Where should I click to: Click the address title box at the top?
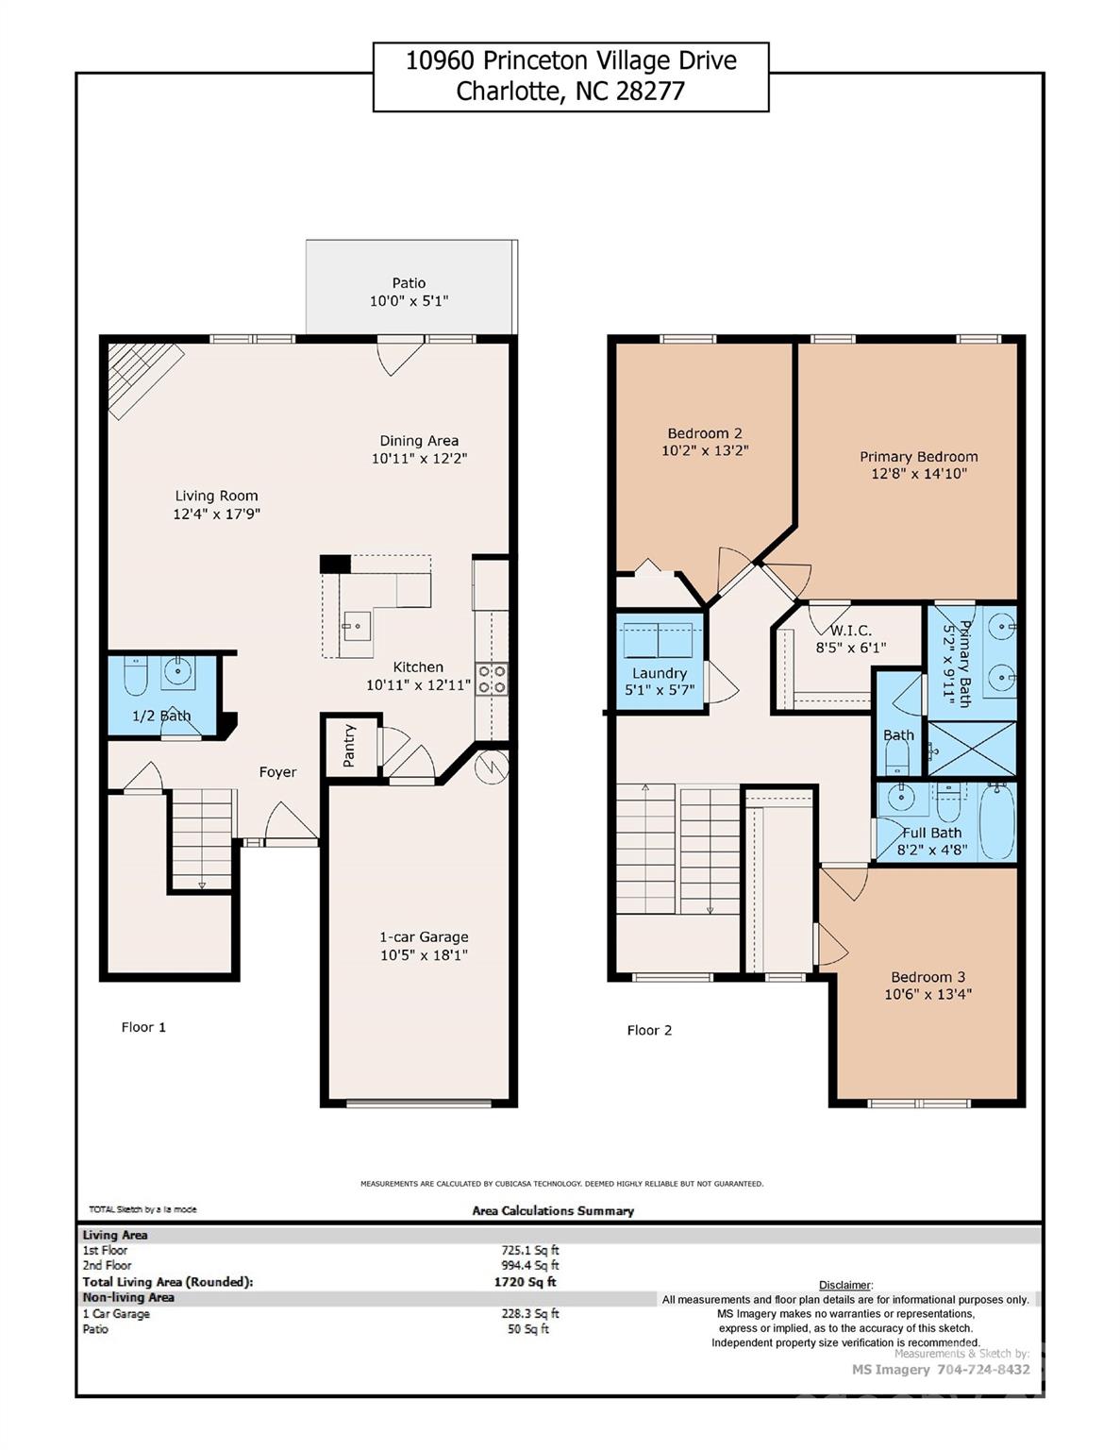tap(570, 76)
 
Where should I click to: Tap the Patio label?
tap(409, 283)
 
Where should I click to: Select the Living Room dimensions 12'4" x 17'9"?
tap(216, 514)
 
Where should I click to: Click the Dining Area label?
tap(419, 441)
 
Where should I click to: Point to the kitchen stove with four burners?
tap(492, 680)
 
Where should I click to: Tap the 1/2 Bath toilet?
tap(137, 676)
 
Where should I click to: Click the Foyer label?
tap(277, 772)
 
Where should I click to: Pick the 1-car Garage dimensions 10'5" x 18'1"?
tap(424, 955)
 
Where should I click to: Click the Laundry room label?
tap(659, 673)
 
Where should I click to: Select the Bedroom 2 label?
tap(704, 433)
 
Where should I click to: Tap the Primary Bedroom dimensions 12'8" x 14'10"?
tap(918, 474)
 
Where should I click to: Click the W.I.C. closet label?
tap(850, 631)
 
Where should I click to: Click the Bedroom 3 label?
tap(928, 977)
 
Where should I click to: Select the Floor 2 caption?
tap(649, 1030)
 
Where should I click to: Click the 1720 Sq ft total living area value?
tap(525, 1282)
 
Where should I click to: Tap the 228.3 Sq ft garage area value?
tap(529, 1313)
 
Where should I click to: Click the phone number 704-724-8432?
tap(982, 1369)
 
